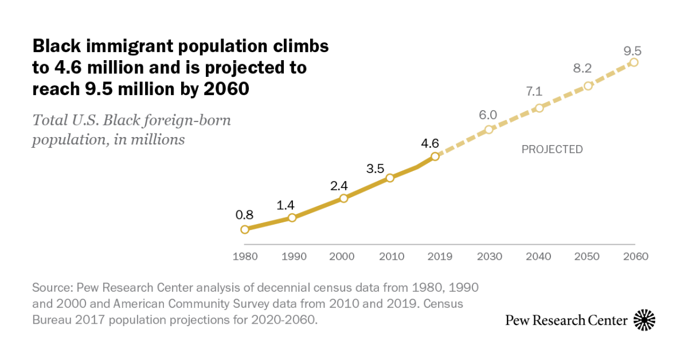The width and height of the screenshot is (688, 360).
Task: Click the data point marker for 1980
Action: coord(245,229)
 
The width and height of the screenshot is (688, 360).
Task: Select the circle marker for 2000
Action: coord(343,198)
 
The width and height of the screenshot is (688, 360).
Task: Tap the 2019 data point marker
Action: coord(435,156)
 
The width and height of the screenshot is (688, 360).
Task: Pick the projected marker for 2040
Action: coord(539,108)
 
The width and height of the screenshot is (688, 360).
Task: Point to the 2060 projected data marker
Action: coord(634,62)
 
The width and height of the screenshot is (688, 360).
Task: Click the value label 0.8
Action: coord(244,216)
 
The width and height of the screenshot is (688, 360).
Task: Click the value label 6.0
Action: coord(488,115)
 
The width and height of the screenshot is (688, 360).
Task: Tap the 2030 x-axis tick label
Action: coord(488,256)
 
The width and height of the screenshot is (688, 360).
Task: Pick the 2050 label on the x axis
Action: coord(587,256)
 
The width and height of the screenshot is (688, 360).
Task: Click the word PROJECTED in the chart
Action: coord(552,150)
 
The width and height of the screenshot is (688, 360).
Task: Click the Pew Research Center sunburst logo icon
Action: coord(644,320)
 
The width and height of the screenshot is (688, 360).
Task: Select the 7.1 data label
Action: coord(536,91)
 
